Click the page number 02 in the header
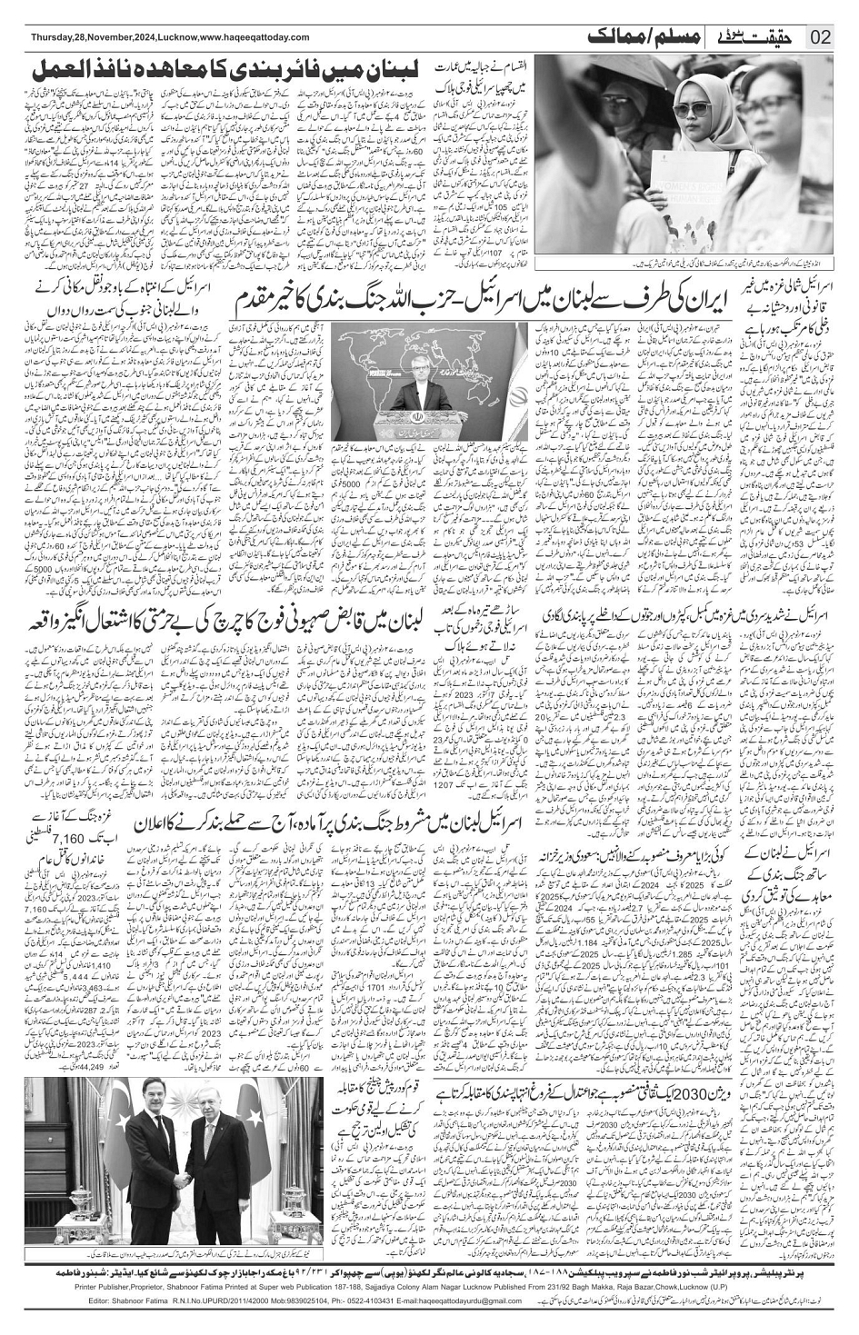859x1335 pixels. (x=820, y=37)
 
